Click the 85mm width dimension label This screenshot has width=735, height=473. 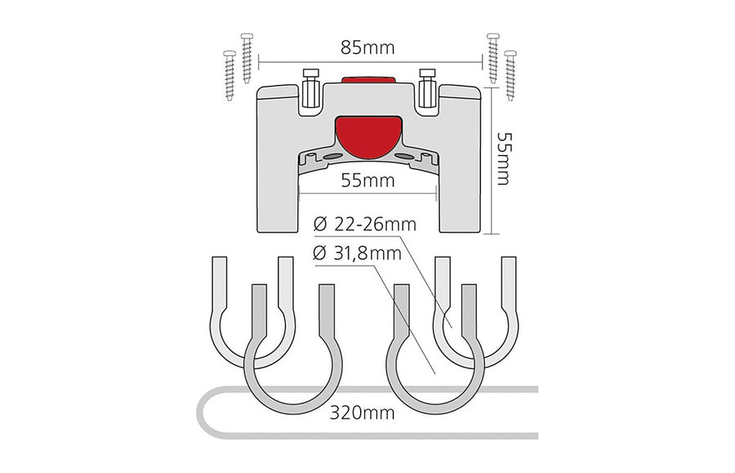[367, 48]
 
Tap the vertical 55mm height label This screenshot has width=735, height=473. [504, 159]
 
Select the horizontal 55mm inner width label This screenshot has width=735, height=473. [367, 181]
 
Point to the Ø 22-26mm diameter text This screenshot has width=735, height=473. [365, 225]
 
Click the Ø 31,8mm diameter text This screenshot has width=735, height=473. [357, 253]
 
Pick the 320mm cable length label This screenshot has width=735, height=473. [362, 413]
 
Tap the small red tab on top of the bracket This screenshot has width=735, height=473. [368, 80]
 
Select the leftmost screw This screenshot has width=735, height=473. [229, 75]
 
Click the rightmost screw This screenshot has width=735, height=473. [510, 75]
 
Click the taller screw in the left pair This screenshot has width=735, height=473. [247, 58]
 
